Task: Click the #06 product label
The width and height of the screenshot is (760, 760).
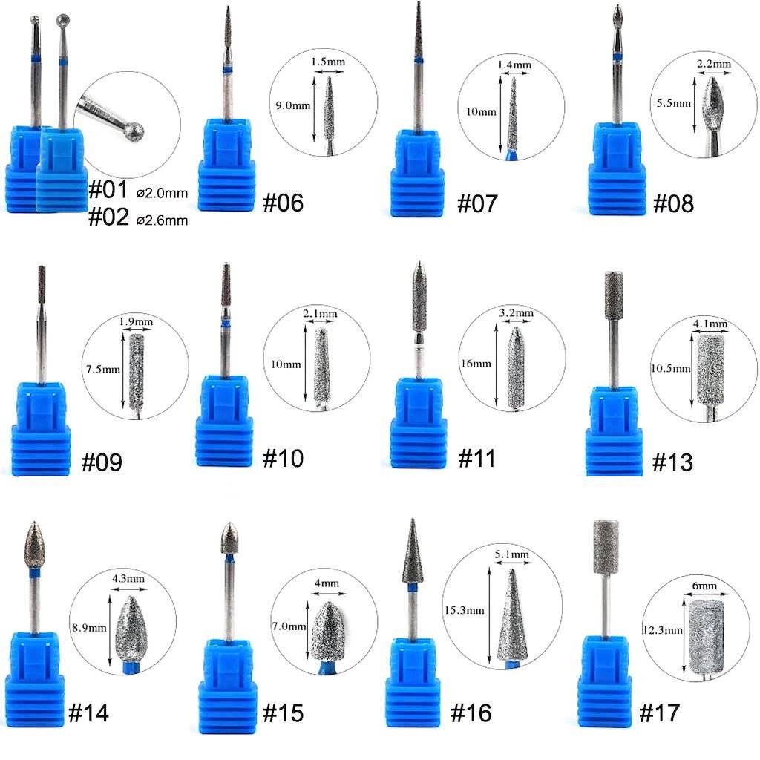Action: (284, 202)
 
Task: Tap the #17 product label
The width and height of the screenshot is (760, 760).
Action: (659, 713)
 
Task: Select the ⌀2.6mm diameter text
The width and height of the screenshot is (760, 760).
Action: (163, 220)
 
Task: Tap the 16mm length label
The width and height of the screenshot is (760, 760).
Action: (476, 364)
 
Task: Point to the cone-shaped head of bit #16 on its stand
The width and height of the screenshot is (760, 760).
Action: (412, 553)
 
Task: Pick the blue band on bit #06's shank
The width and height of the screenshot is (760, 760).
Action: (227, 71)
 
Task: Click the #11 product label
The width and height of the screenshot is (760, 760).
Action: (476, 458)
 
